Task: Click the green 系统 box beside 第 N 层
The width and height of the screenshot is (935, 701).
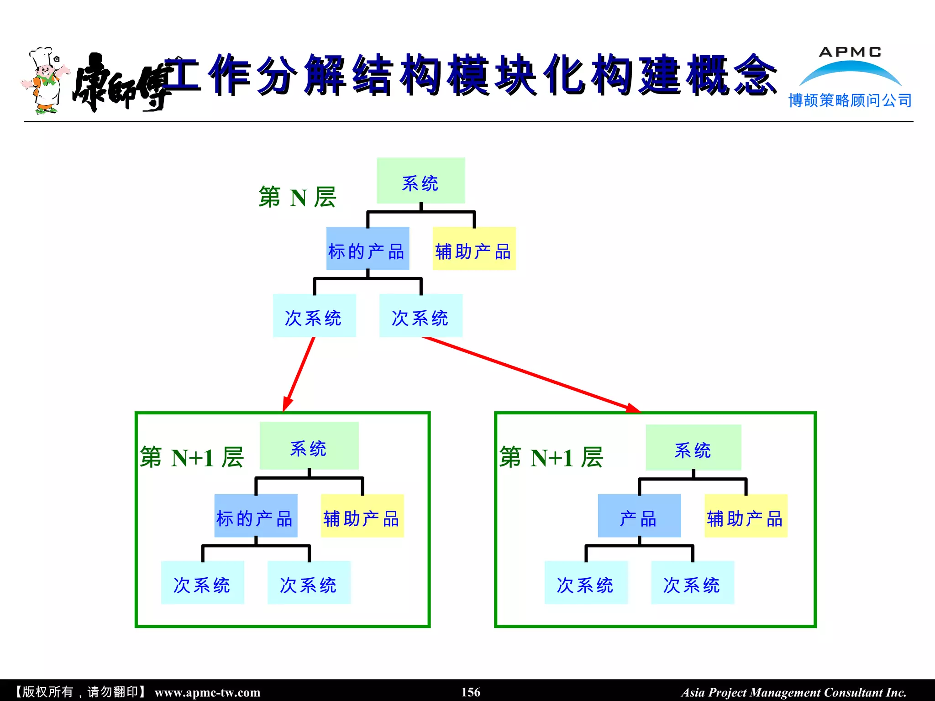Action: [420, 181]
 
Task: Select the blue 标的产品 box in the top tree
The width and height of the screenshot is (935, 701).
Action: [368, 249]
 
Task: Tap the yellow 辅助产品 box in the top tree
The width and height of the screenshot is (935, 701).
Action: [474, 249]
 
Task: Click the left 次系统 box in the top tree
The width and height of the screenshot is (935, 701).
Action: [314, 316]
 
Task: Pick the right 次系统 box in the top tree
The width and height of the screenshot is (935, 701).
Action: [420, 316]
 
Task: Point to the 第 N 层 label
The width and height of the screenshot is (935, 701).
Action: [297, 197]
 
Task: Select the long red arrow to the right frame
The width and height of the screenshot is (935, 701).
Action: [530, 373]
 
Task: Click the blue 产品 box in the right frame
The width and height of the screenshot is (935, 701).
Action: [639, 516]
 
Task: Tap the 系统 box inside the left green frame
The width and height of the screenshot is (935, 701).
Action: [309, 446]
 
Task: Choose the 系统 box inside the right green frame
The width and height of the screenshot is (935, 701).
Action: [693, 448]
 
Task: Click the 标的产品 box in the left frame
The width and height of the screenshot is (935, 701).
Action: [256, 516]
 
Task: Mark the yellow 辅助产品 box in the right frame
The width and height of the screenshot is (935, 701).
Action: [746, 516]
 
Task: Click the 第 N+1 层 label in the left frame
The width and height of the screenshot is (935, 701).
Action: [192, 457]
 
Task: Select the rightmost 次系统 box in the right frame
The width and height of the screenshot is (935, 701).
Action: [692, 583]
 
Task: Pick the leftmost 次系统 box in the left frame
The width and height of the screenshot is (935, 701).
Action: [202, 583]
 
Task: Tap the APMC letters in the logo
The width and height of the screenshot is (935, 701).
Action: [850, 52]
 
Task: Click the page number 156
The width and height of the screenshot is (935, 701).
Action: [471, 692]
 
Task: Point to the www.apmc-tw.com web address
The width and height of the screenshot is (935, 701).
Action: [207, 692]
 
